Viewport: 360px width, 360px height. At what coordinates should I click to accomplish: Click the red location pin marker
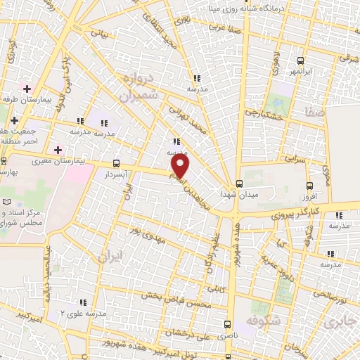point(181,166)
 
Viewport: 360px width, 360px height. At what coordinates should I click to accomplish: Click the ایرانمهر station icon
point(301,60)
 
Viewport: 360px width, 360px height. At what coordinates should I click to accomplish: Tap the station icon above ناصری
point(227,324)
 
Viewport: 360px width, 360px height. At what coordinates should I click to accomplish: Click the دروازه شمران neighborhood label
point(136,89)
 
